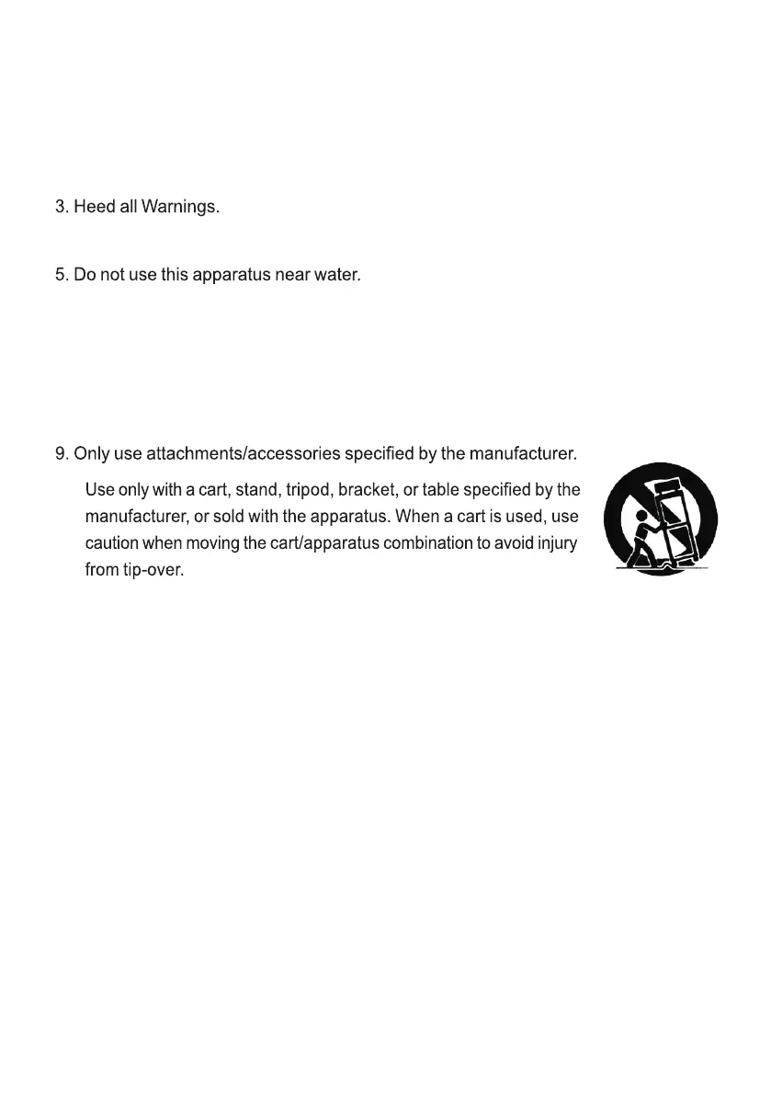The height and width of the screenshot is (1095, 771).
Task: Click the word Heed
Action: pyautogui.click(x=94, y=207)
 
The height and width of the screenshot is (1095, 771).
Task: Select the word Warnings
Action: pyautogui.click(x=180, y=208)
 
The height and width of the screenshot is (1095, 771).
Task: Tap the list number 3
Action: pyautogui.click(x=61, y=207)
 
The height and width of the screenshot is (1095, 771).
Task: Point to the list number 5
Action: pyautogui.click(x=61, y=275)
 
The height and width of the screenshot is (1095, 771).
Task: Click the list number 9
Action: pyautogui.click(x=61, y=453)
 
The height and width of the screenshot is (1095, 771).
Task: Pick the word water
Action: pyautogui.click(x=332, y=275)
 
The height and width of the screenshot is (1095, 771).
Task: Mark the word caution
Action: pyautogui.click(x=111, y=543)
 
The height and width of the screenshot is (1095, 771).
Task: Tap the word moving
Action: pyautogui.click(x=209, y=543)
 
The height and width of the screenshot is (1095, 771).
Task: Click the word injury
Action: pyautogui.click(x=556, y=543)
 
